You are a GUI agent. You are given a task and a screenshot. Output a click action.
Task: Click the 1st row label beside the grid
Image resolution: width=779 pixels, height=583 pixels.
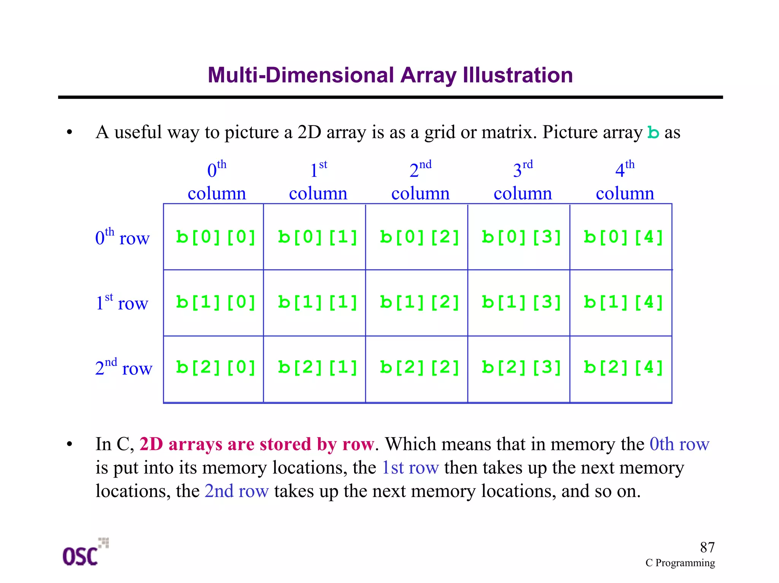(x=122, y=303)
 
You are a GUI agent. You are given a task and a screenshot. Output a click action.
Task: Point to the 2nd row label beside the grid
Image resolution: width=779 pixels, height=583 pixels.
(x=124, y=368)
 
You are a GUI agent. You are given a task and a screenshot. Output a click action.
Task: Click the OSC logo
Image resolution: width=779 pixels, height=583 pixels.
(x=85, y=553)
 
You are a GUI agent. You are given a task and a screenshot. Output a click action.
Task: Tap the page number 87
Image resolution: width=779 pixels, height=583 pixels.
(x=707, y=547)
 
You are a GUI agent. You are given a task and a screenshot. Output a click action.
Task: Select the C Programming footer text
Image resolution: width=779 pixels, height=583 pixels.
(x=680, y=562)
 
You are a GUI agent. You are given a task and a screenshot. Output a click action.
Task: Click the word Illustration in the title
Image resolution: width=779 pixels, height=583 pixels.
(x=518, y=75)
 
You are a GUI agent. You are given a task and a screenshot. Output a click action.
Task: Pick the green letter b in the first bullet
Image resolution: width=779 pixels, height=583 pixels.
(x=653, y=133)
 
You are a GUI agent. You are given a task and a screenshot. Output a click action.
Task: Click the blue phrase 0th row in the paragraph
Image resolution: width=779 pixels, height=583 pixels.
(x=679, y=444)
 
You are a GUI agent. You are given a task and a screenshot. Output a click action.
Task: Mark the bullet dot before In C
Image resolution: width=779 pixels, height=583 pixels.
(x=69, y=444)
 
